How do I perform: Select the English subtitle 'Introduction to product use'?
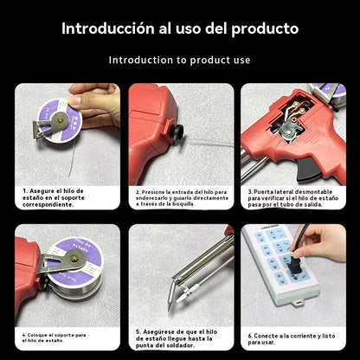coord(179,60)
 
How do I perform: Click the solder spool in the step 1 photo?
coord(61,120)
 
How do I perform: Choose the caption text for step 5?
coord(180,337)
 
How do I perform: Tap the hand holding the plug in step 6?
coord(325,242)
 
